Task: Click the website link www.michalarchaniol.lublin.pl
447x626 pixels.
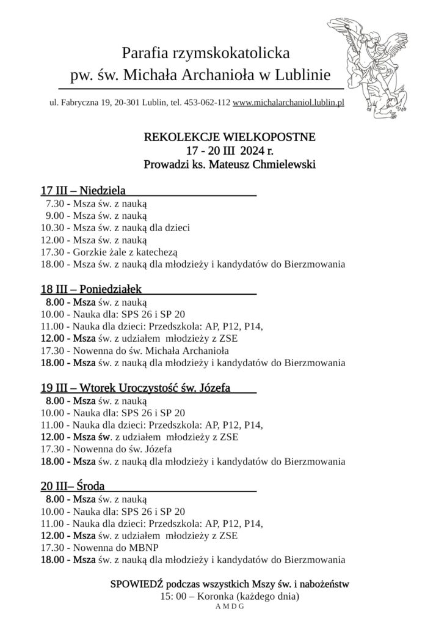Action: (288, 103)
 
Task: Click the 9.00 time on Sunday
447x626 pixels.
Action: (54, 215)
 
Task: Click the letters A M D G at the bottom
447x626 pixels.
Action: (230, 606)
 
